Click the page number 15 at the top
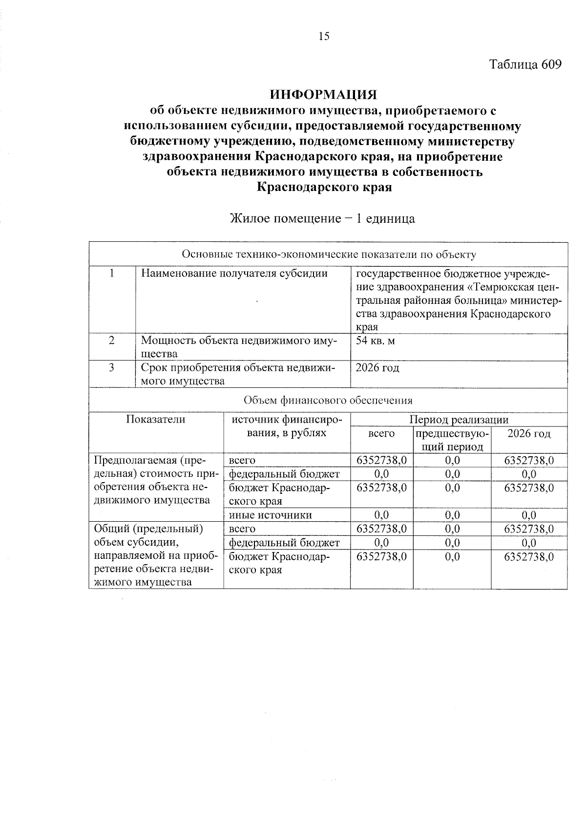324,36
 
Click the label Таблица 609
525,64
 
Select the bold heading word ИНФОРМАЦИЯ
324,94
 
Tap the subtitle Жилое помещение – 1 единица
322,218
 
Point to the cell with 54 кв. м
376,340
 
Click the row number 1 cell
112,274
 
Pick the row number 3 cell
112,367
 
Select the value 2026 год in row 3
377,367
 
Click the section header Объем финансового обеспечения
328,401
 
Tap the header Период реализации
459,420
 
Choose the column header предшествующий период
452,440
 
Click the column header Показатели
156,420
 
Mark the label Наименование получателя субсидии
234,274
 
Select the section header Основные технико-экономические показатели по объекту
329,255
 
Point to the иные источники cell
270,515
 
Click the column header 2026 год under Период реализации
529,434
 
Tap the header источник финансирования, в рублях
287,426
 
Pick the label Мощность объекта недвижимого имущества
239,347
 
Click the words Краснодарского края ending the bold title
324,187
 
